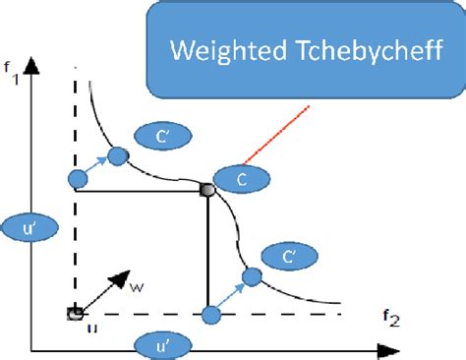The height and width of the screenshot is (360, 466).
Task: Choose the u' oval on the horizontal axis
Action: (166, 346)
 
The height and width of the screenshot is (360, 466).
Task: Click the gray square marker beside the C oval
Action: (207, 189)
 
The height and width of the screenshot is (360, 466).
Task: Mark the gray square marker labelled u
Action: (74, 314)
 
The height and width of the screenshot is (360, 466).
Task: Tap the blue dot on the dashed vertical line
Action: (79, 178)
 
